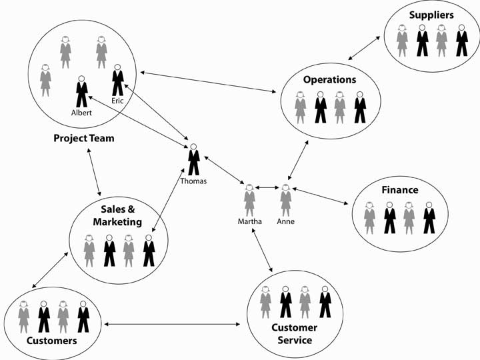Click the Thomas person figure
(x=193, y=160)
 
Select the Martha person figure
(x=249, y=200)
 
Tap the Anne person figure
(x=285, y=200)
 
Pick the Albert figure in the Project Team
(x=81, y=91)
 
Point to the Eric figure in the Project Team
(x=118, y=81)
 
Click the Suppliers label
(x=431, y=15)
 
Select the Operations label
(x=329, y=79)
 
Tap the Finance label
(x=399, y=190)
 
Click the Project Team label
(x=84, y=139)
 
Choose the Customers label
(x=51, y=341)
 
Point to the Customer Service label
(x=294, y=334)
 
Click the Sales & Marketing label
(x=118, y=215)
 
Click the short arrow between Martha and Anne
(x=267, y=187)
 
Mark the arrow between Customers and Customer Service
(x=172, y=325)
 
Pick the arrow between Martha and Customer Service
(x=261, y=249)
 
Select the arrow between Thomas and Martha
(x=224, y=171)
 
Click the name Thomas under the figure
(x=193, y=181)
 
